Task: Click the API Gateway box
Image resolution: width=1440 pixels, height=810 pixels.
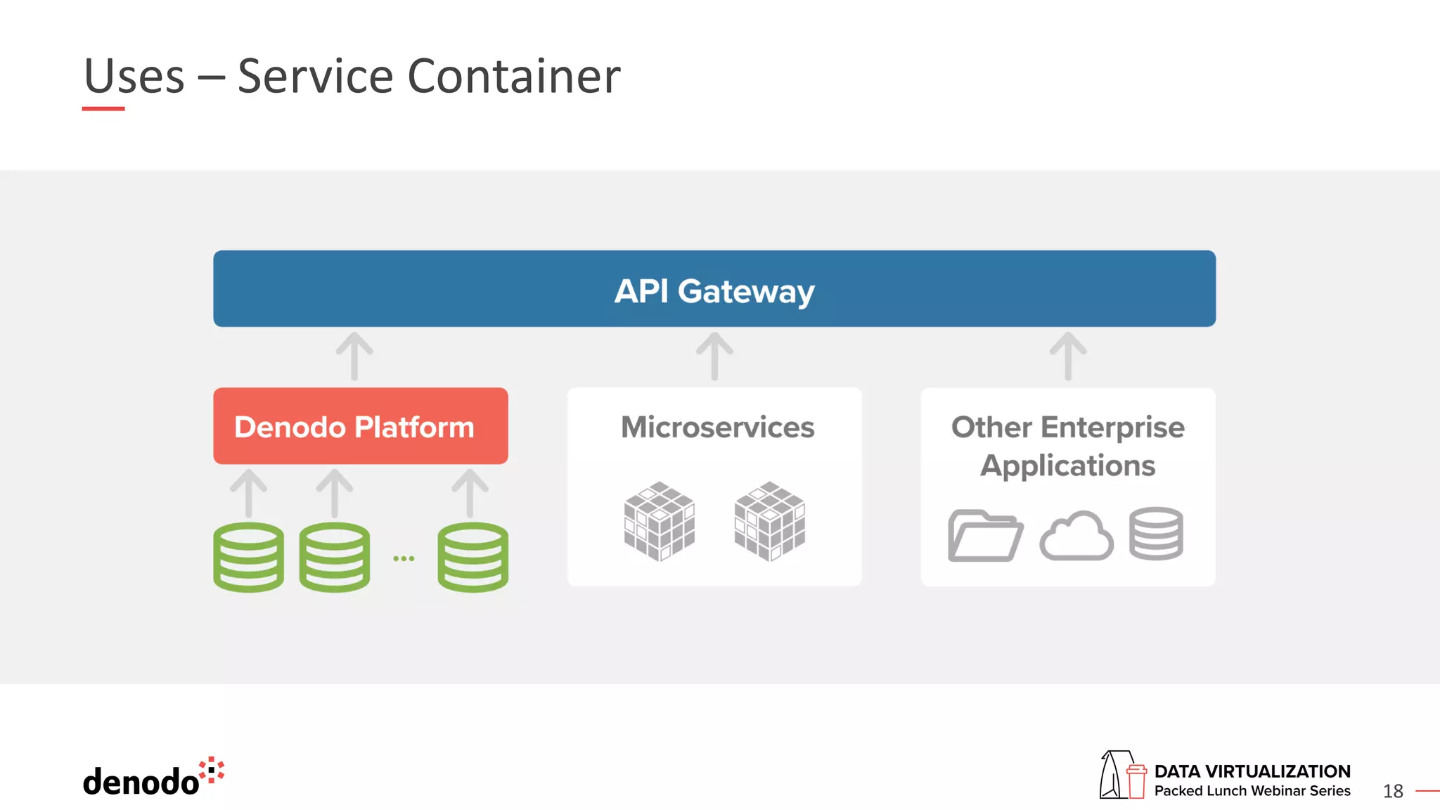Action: point(714,289)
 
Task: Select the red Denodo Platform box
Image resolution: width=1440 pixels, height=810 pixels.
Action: point(360,426)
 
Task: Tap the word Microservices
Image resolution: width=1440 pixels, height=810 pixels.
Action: point(717,427)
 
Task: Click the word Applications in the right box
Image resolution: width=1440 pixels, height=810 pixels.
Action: point(1067,465)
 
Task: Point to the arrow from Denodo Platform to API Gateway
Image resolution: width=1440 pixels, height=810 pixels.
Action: point(354,356)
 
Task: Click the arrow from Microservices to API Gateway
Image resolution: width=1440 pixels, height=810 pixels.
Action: point(714,356)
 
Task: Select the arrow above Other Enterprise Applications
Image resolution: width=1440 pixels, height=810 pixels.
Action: point(1068,356)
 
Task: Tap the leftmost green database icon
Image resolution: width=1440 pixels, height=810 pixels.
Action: point(249,557)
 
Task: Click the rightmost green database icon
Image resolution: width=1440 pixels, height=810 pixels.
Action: point(472,557)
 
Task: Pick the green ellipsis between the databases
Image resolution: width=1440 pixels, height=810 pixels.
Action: point(404,558)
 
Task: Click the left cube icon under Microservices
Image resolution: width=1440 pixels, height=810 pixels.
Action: point(660,521)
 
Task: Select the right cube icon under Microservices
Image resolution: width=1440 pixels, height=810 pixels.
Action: point(769,521)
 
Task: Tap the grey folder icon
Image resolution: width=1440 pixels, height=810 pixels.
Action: point(985,536)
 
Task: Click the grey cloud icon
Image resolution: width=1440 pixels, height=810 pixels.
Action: point(1076,536)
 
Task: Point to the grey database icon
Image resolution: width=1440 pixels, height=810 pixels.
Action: point(1156,534)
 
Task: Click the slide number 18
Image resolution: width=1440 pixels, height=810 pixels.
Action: point(1393,791)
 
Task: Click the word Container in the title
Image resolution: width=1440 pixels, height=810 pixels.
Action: point(514,76)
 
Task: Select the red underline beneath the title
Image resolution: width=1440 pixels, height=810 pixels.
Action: point(103,109)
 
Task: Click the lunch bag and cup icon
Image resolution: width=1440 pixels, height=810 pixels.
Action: point(1123,775)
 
